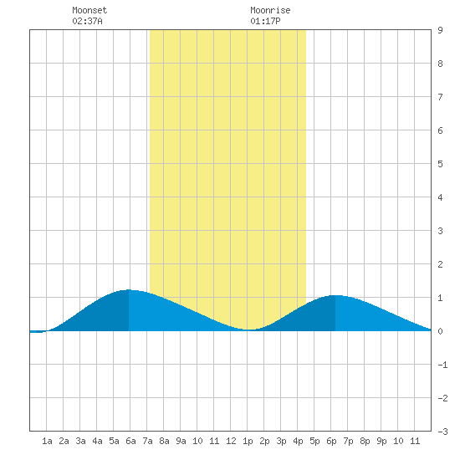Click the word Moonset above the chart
pos(89,10)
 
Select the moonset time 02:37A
pos(87,21)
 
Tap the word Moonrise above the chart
pos(270,10)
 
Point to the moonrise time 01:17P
pos(265,21)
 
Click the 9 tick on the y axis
pos(440,30)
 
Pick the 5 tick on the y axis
pos(440,164)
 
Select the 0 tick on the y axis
pos(440,331)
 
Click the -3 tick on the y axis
pos(442,432)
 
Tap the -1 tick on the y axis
pos(442,365)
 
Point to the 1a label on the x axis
pos(47,441)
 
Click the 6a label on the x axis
pos(130,441)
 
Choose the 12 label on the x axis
pos(231,441)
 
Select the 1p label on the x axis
pos(248,441)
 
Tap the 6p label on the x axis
pos(331,441)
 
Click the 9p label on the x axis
pos(381,441)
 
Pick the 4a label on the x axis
pos(97,441)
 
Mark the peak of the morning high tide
pos(129,290)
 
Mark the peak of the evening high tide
pos(335,295)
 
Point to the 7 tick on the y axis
pos(440,97)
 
